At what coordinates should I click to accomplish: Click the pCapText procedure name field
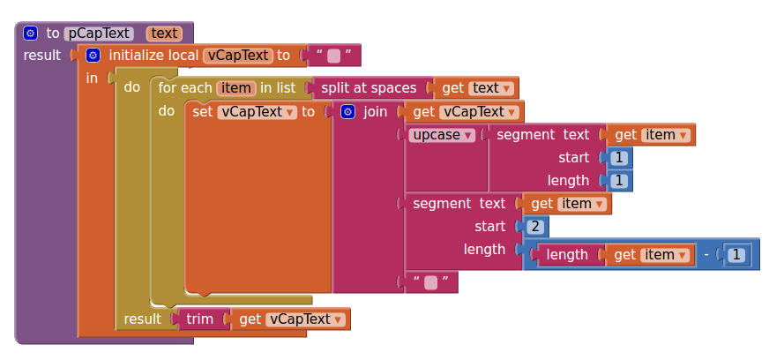coord(99,34)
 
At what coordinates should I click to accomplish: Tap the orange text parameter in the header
coord(164,34)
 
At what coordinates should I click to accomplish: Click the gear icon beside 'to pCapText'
coord(31,34)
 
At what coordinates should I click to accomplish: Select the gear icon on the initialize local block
coord(93,56)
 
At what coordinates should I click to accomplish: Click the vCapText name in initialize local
coord(237,56)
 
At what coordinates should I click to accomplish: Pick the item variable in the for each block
coord(235,88)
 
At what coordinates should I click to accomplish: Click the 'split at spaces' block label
coord(369,88)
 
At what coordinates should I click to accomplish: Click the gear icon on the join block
coord(347,112)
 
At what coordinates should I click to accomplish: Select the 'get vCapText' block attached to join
coord(464,112)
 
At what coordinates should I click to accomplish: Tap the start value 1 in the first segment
coord(619,158)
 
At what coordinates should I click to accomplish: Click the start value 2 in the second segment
coord(536,227)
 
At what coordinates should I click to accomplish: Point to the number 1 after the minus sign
coord(738,255)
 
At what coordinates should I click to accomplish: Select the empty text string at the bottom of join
coord(431,282)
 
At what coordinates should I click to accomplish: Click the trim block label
coord(200,319)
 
